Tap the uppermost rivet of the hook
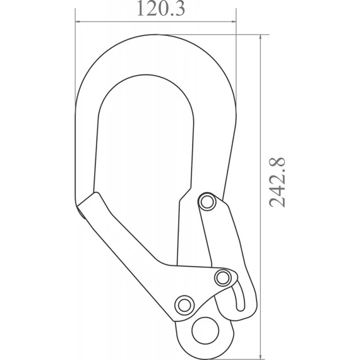coord(206,202)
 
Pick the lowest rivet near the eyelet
coord(183,304)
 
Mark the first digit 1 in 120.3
coord(138,10)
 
